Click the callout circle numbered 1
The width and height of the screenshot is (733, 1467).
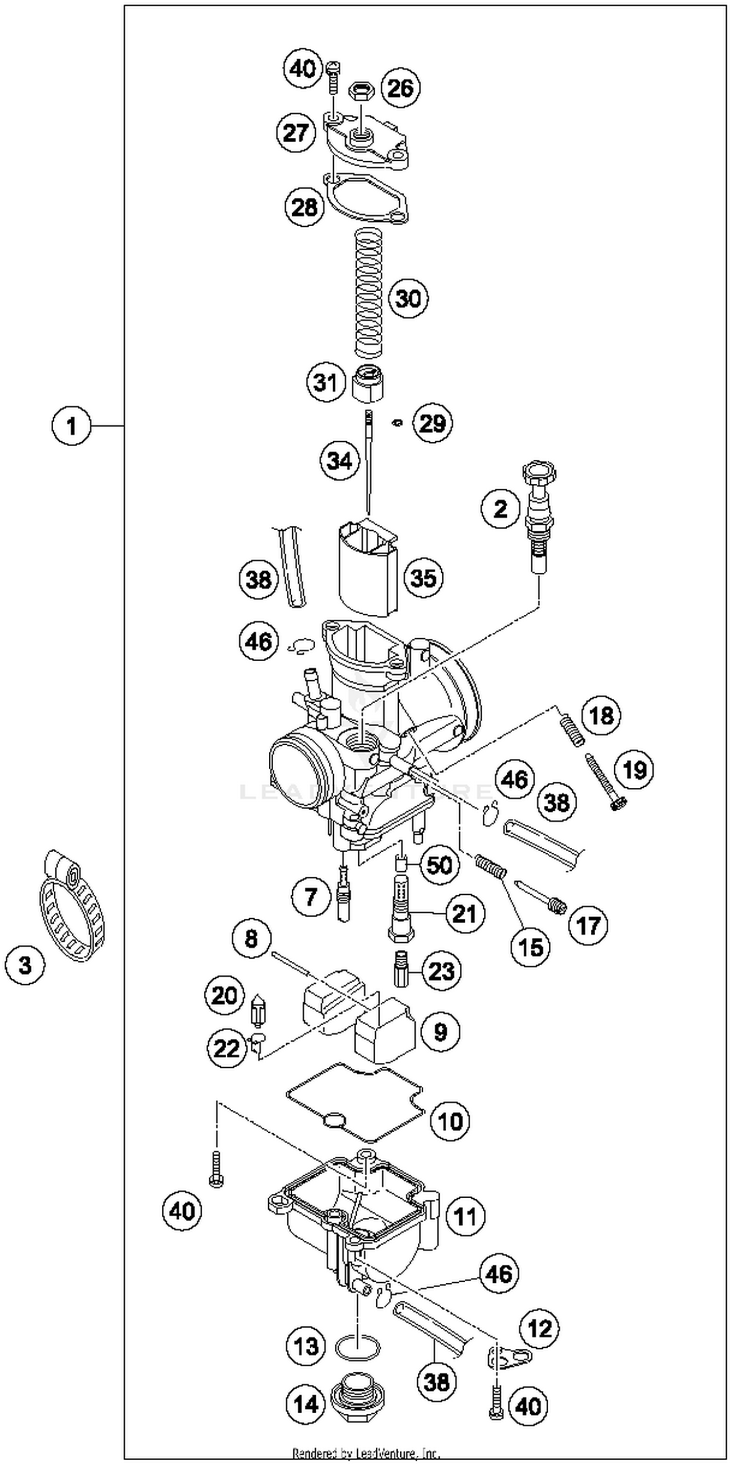pos(71,426)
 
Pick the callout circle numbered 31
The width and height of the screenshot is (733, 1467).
pos(326,382)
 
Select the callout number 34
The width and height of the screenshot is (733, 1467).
pos(340,460)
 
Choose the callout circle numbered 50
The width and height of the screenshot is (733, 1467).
pos(439,865)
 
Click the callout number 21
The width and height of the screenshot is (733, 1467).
pos(464,913)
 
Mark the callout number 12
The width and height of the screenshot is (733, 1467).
pos(539,1329)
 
